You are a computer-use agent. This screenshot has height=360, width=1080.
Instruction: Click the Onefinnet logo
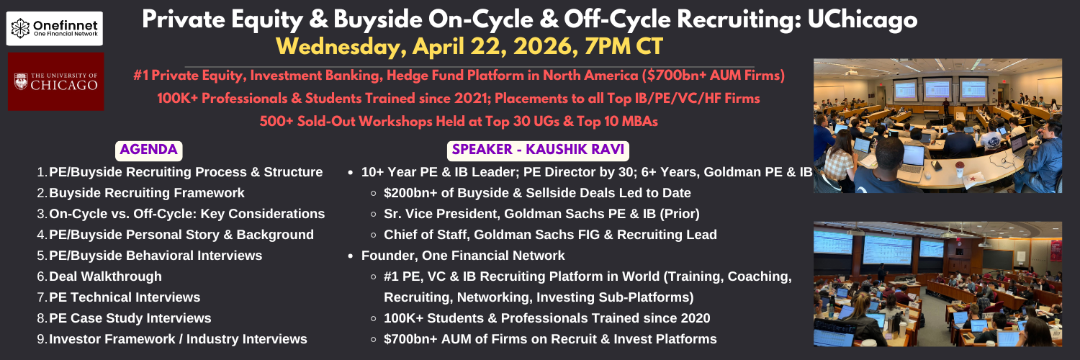point(55,28)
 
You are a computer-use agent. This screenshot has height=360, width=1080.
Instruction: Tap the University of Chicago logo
point(56,81)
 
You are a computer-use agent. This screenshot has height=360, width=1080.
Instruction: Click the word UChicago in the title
point(862,19)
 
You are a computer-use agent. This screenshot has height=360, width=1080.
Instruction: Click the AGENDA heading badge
point(148,150)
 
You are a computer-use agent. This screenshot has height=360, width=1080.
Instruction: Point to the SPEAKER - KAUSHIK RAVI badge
point(538,150)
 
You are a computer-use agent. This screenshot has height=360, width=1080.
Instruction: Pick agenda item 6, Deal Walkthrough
point(106,276)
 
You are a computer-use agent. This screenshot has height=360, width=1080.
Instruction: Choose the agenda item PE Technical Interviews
point(125,297)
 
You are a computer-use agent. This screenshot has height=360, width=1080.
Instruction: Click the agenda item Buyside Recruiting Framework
point(147,193)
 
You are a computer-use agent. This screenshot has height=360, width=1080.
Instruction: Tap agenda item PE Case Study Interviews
point(130,318)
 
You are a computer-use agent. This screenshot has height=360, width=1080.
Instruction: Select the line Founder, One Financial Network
point(463,256)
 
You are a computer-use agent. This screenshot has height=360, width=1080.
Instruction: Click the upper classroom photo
point(937,126)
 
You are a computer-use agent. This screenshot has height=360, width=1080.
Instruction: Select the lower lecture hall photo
point(937,284)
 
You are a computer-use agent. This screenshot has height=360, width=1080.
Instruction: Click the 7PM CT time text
point(624,47)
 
